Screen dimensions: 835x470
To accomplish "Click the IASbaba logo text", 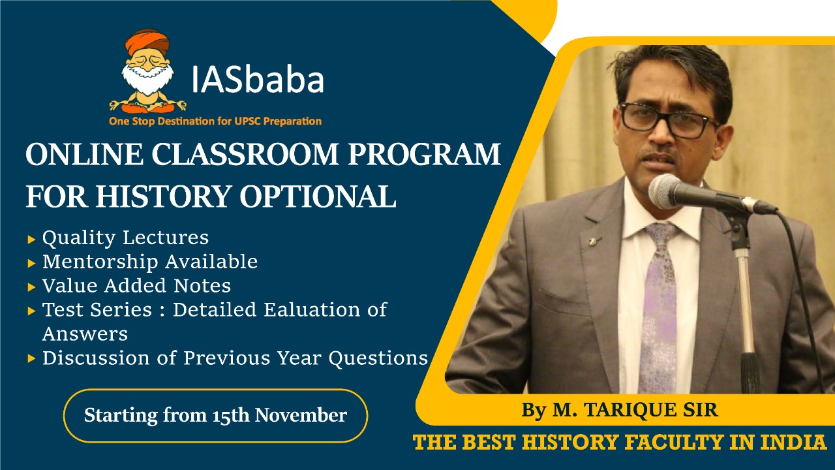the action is click(257, 79).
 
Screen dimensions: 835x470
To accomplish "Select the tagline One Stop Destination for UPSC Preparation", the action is click(215, 121).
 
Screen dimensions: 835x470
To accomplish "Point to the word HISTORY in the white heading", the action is click(162, 196).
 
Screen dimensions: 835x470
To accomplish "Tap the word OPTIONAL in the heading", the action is click(318, 196).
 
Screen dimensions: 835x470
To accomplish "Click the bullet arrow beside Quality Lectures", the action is click(31, 240).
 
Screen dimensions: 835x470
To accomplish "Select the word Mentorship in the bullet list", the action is click(100, 262).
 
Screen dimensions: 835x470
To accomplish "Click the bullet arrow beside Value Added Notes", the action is click(31, 287).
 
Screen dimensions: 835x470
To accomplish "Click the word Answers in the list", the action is click(85, 334).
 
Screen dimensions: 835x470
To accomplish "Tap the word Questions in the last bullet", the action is click(378, 358).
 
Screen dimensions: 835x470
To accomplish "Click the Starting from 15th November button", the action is click(215, 416).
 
